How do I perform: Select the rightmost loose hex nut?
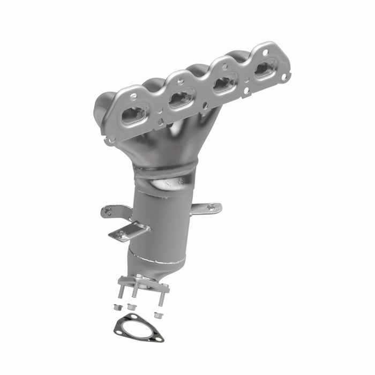[x=157, y=314]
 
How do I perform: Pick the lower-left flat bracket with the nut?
[x=127, y=232]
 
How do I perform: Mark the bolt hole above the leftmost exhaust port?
[x=133, y=97]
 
